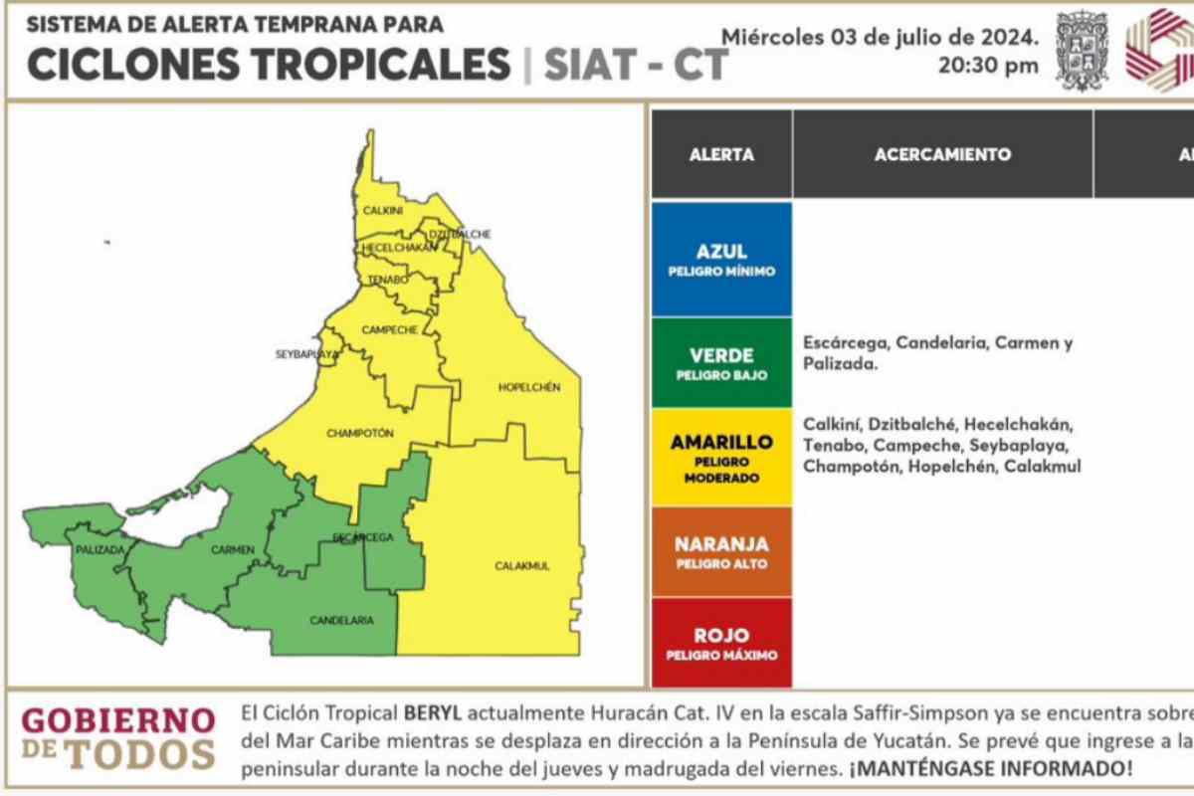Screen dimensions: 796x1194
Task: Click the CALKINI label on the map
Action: pyautogui.click(x=382, y=211)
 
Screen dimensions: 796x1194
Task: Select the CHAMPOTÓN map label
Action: pyautogui.click(x=360, y=433)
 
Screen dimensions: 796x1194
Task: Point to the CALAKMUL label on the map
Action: pyautogui.click(x=522, y=566)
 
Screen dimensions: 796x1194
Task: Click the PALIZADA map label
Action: pyautogui.click(x=99, y=549)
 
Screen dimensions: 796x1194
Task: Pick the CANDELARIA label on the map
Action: pyautogui.click(x=341, y=620)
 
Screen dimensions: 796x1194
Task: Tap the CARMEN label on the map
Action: pyautogui.click(x=233, y=550)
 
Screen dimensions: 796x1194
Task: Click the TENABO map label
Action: pyautogui.click(x=387, y=280)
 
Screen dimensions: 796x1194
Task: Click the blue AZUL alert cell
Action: pyautogui.click(x=721, y=260)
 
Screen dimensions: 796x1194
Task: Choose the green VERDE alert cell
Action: pyautogui.click(x=721, y=363)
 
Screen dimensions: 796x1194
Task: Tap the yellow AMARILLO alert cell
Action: pyautogui.click(x=721, y=458)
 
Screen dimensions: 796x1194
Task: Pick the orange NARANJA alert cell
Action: pyautogui.click(x=721, y=552)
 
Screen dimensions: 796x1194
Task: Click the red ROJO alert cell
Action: pyautogui.click(x=721, y=642)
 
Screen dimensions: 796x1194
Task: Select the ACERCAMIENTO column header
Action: pyautogui.click(x=942, y=154)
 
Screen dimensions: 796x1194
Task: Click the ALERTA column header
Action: pyautogui.click(x=721, y=154)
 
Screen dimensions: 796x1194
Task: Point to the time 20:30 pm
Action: pyautogui.click(x=988, y=67)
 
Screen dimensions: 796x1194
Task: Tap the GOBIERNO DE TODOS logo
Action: pyautogui.click(x=117, y=737)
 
